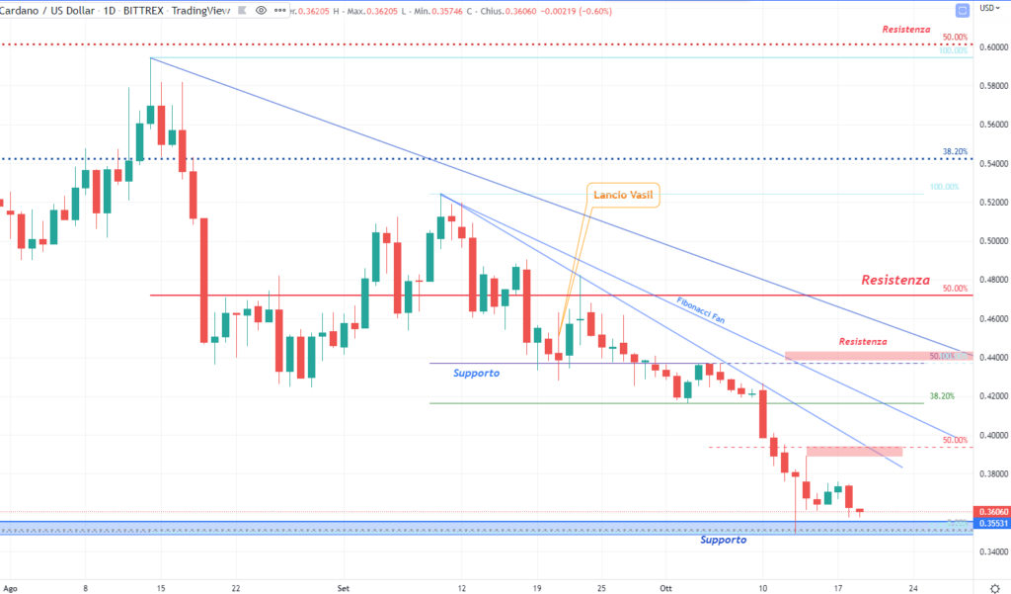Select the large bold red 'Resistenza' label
(895, 281)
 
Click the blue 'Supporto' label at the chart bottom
(723, 540)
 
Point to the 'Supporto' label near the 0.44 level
(477, 374)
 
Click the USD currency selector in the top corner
(987, 9)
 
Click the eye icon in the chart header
(260, 9)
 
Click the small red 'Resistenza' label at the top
(906, 30)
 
